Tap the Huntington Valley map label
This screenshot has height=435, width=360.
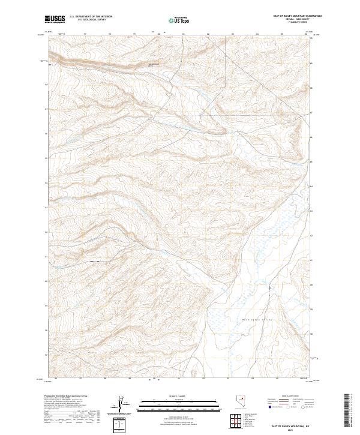(259, 320)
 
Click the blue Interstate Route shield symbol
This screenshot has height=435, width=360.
(270, 407)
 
